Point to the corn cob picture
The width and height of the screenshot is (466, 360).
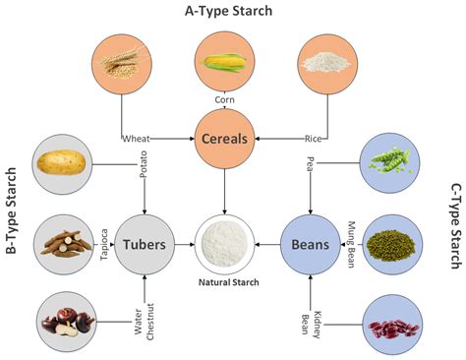[x=225, y=62]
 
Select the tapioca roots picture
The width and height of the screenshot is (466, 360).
[x=63, y=242]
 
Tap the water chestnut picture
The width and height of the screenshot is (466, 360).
[x=65, y=322]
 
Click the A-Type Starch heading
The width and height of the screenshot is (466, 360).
[x=228, y=11]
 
